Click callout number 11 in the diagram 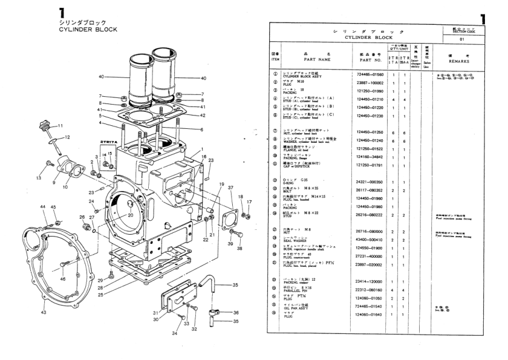pos(60,125)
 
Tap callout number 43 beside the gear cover pos(43,312)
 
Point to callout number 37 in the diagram pos(230,188)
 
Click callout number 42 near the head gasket pos(203,115)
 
